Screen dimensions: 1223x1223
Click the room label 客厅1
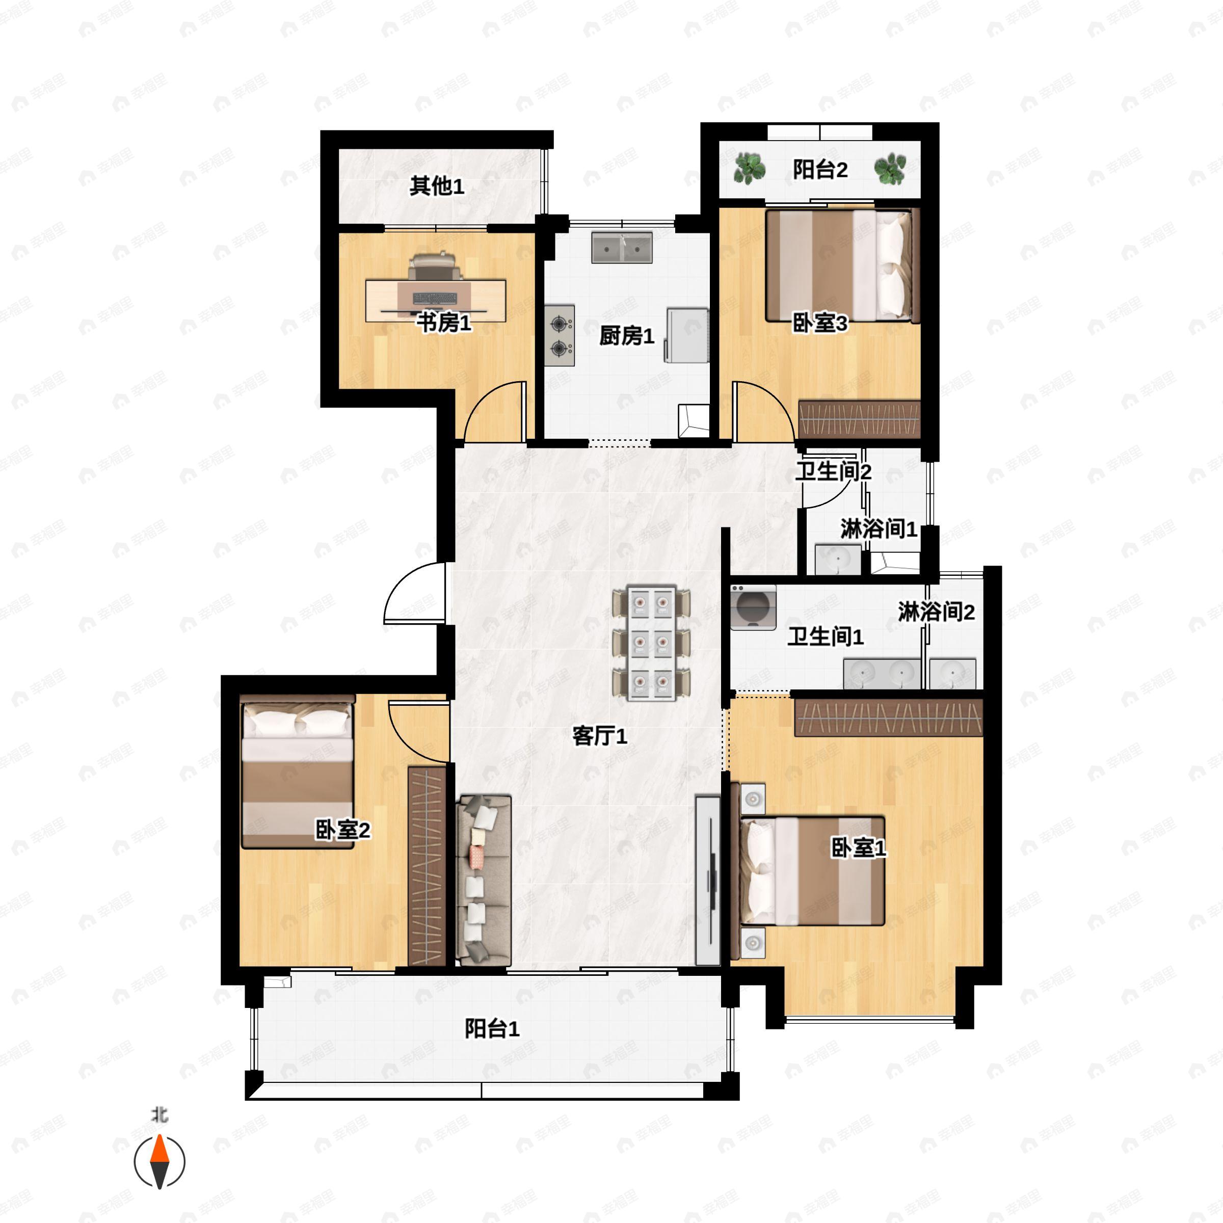click(599, 735)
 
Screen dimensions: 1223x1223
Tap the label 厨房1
click(627, 335)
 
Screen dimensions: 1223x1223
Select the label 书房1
click(444, 323)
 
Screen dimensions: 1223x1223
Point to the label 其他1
click(437, 185)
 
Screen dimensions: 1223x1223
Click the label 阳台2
click(820, 170)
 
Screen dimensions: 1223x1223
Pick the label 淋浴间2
click(936, 612)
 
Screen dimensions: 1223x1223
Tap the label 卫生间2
click(834, 471)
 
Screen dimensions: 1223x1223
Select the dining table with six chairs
click(651, 643)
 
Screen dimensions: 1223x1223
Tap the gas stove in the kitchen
click(560, 335)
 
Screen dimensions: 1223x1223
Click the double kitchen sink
click(622, 248)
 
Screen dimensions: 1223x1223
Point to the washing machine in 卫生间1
click(753, 607)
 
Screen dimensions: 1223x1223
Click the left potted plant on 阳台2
click(750, 168)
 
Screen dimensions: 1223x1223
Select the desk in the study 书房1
click(436, 301)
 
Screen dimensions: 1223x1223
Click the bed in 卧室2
click(297, 771)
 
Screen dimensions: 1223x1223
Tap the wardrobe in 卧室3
click(859, 419)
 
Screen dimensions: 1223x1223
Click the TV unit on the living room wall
click(708, 881)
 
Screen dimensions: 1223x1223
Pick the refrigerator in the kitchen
click(686, 334)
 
